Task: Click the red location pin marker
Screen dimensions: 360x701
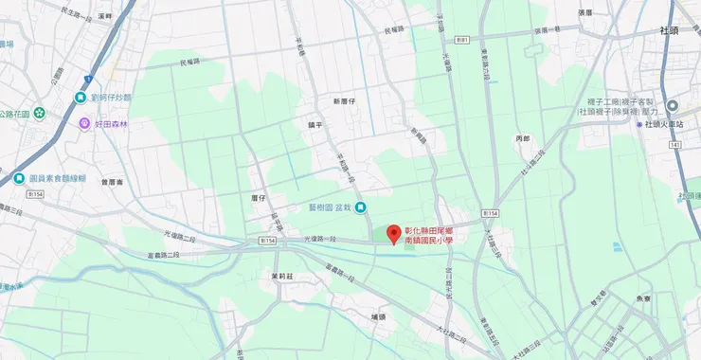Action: click(x=394, y=233)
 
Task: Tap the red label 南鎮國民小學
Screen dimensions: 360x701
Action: click(x=429, y=241)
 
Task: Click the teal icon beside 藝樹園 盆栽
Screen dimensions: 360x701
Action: click(x=360, y=209)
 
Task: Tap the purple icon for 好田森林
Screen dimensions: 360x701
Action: click(x=84, y=122)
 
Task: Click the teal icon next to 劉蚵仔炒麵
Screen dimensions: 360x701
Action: click(x=81, y=97)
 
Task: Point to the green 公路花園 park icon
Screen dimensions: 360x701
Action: click(x=40, y=114)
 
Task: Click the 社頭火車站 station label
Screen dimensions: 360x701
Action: click(x=669, y=124)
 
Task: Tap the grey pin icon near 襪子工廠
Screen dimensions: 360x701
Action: click(x=672, y=106)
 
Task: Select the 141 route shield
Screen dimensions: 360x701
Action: click(x=674, y=145)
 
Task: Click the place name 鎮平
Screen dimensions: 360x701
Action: click(x=316, y=123)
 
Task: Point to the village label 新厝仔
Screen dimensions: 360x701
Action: click(x=343, y=99)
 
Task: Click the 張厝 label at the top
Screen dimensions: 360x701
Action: click(x=584, y=13)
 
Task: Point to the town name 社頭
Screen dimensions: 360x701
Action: click(x=670, y=30)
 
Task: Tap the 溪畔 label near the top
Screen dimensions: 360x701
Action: click(x=104, y=16)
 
